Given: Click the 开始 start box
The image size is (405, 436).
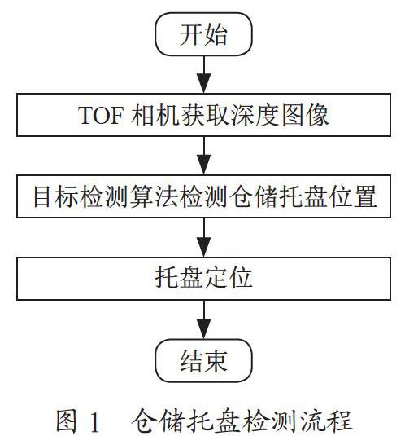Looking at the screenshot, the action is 203,34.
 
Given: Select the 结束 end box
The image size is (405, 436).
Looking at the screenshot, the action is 203,360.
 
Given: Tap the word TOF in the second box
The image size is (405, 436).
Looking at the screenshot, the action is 100,115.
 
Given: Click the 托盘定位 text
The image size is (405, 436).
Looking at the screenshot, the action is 203,278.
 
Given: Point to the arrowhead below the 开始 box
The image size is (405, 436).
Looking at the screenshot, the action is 204,83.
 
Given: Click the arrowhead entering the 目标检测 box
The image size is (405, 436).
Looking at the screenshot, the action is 204,165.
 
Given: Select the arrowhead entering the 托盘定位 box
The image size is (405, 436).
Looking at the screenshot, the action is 204,247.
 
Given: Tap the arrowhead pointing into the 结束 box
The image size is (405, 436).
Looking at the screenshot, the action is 204,328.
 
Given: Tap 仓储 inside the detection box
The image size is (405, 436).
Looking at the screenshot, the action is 253,196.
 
